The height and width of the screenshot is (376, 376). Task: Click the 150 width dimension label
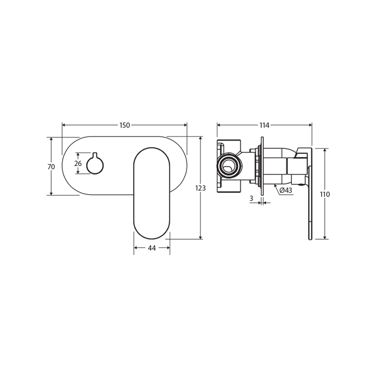(124, 125)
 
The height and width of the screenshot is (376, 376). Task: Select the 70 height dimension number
(51, 167)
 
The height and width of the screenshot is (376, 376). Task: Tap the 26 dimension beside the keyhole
(78, 163)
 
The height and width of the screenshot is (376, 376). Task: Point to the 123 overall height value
(201, 188)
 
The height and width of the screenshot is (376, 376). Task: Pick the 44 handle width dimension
(152, 248)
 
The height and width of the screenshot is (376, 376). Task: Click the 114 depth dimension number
(264, 125)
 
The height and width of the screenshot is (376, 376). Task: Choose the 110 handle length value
(325, 194)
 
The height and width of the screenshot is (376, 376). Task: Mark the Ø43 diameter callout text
(286, 190)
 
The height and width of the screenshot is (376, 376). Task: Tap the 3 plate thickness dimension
(251, 198)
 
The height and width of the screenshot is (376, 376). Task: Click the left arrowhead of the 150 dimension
(64, 125)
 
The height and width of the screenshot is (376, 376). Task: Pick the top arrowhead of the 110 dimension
(325, 150)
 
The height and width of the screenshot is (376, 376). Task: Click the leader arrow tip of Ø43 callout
(274, 184)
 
